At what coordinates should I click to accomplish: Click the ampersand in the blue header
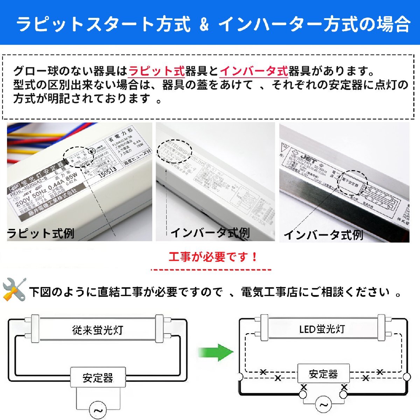[204, 24]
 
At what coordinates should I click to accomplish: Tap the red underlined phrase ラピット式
[156, 71]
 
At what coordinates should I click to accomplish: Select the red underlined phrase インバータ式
[254, 71]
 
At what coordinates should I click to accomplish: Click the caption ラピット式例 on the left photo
[41, 233]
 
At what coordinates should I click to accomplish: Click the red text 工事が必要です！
[213, 257]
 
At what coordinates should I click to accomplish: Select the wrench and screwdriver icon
[14, 289]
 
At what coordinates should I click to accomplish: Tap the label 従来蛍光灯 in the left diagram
[98, 330]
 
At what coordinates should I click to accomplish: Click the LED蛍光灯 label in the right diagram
[322, 329]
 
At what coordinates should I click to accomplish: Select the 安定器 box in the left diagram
[98, 378]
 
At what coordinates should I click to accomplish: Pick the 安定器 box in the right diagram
[323, 374]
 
